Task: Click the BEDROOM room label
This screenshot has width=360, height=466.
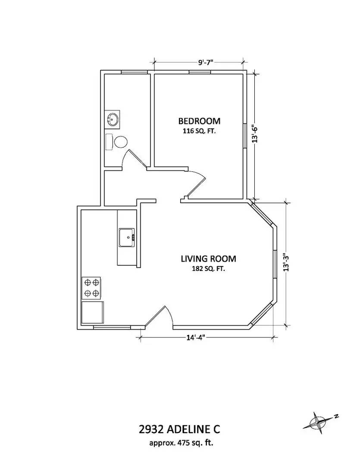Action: coord(199,121)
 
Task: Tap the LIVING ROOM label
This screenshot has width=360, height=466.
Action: coord(209,259)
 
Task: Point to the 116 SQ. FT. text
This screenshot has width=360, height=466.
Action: coord(199,131)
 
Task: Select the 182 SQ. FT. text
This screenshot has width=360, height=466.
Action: coord(209,269)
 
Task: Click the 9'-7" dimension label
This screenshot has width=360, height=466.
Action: coord(206,63)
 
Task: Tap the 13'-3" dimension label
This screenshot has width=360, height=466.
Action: coord(286,262)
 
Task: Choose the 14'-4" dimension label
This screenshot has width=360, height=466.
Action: coord(196,337)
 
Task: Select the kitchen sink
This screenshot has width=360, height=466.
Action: coord(127,238)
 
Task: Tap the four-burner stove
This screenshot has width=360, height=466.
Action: coord(91,288)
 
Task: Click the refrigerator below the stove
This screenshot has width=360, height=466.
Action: coord(93,313)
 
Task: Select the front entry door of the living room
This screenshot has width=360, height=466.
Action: coord(159,318)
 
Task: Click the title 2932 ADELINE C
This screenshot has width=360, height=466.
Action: coord(180,429)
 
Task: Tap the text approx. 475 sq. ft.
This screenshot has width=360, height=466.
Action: coord(181,443)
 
